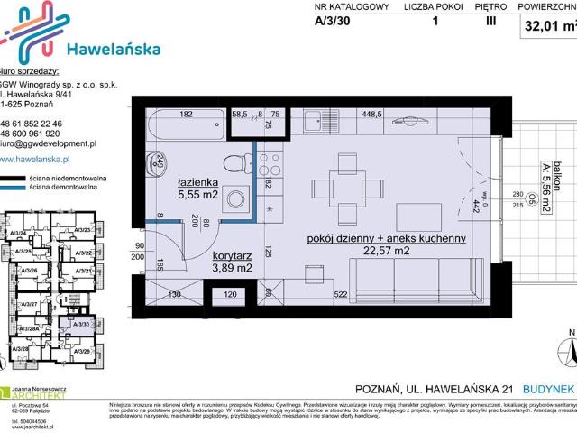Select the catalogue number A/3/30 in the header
pyautogui.click(x=334, y=24)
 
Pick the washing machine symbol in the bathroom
pyautogui.click(x=236, y=200)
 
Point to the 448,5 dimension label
pyautogui.click(x=372, y=115)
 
